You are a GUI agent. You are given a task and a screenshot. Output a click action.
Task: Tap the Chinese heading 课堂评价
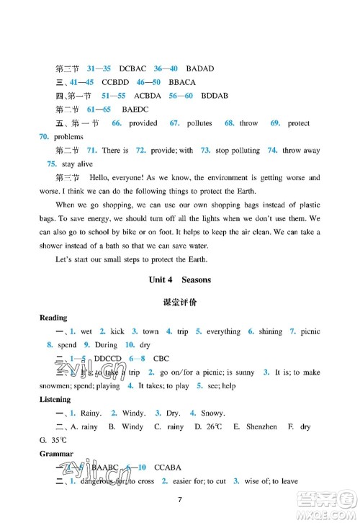[x=180, y=303]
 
